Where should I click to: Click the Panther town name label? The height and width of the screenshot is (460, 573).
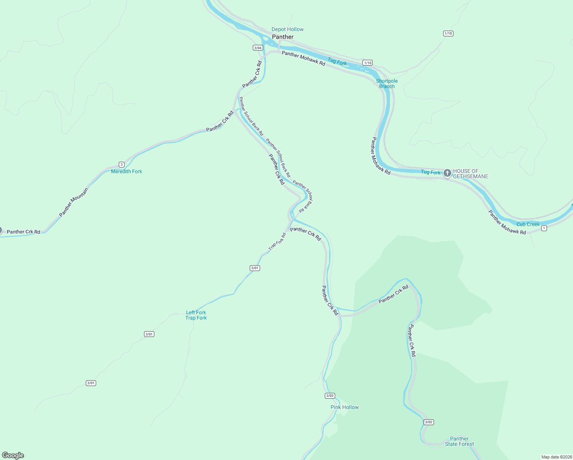coord(283,37)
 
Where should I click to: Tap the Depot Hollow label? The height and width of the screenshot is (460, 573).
coord(287,29)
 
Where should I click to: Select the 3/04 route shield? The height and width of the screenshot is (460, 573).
coord(258,48)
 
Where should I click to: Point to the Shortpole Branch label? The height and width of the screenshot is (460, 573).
coord(387,84)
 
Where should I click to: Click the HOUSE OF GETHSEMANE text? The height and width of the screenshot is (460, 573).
coord(470,174)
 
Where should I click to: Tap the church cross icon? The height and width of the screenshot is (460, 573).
coord(447,173)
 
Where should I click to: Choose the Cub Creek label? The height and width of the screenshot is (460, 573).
coord(528,224)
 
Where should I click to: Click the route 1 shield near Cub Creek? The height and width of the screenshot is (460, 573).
coord(544,228)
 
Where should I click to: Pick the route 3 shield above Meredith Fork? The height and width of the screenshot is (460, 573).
coord(121,164)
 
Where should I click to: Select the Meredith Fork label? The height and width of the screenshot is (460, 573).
coord(126,171)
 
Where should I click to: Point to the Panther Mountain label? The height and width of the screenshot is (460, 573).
coord(74,202)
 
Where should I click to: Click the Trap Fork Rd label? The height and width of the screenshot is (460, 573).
coord(277,242)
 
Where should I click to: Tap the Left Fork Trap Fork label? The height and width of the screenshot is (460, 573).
coord(196,315)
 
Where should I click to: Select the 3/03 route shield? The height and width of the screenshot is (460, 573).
coord(329,396)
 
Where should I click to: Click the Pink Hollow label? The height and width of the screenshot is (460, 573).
coord(344,407)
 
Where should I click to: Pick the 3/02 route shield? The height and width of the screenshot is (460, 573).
coord(429,422)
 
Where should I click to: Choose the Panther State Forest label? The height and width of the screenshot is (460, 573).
coord(459,441)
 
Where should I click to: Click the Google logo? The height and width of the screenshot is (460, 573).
coord(13,455)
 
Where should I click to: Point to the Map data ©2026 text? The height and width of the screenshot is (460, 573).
coord(556,457)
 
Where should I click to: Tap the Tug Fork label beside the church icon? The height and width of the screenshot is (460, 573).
coord(431,172)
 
